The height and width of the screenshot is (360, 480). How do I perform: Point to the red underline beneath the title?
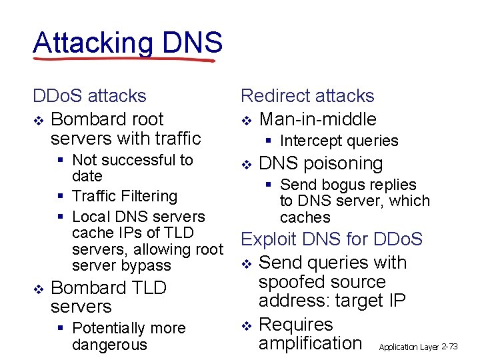(x=124, y=59)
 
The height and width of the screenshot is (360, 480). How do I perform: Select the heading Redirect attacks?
(x=307, y=96)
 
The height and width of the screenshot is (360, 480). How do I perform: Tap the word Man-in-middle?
(x=317, y=119)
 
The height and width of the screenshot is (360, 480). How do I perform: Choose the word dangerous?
(x=109, y=345)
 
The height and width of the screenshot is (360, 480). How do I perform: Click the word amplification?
(x=310, y=343)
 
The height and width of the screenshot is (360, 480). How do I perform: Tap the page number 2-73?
(x=458, y=347)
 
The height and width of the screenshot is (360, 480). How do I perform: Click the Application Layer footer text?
(x=409, y=347)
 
